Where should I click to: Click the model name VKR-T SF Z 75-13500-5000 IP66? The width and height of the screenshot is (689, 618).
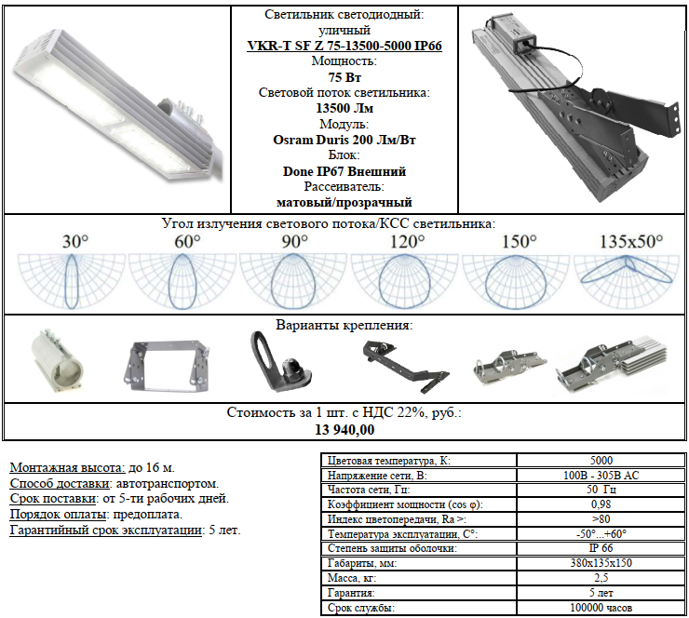(x=344, y=46)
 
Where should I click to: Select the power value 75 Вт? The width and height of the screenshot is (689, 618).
(x=344, y=77)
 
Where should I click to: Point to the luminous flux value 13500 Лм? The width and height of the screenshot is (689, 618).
(x=344, y=108)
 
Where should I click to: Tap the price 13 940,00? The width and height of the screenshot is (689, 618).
(x=344, y=429)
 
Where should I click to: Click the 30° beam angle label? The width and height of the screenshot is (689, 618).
(x=75, y=242)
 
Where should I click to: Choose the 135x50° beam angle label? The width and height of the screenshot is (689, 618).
(x=631, y=242)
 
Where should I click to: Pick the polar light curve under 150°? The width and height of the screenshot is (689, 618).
(x=516, y=282)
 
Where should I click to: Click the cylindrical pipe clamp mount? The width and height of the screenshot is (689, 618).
(x=57, y=361)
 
